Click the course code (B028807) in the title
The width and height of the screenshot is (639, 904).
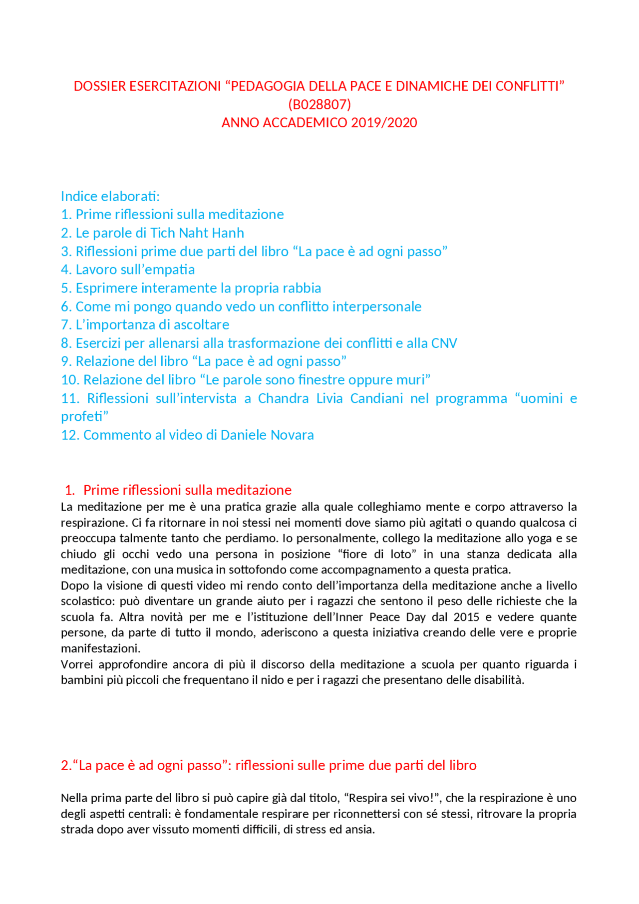coord(319,104)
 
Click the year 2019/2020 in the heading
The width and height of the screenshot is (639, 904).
coord(384,123)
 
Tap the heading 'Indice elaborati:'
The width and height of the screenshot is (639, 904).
coord(110,196)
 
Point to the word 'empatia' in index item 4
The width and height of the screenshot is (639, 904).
coord(171,270)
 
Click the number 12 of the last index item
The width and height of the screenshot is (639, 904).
coord(69,435)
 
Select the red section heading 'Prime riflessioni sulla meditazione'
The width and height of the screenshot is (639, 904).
coord(187,490)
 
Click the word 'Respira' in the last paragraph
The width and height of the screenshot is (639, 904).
coord(367,798)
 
